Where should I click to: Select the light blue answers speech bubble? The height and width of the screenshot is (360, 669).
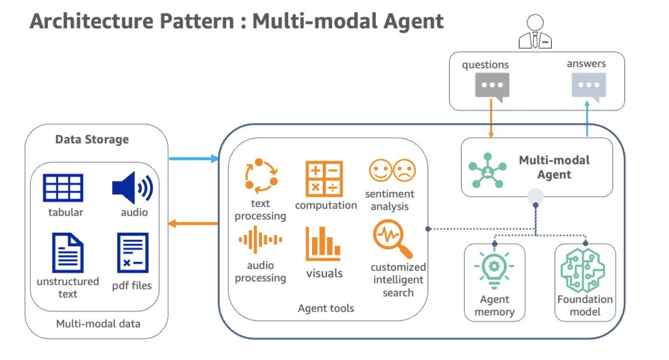(589, 85)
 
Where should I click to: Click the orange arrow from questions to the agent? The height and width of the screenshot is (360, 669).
(491, 119)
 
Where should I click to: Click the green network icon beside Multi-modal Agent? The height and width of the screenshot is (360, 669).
(487, 170)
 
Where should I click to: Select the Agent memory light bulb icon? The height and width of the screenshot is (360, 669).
(494, 268)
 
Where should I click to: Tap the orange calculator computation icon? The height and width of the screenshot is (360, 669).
(324, 179)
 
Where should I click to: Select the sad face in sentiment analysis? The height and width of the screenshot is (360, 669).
(404, 170)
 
